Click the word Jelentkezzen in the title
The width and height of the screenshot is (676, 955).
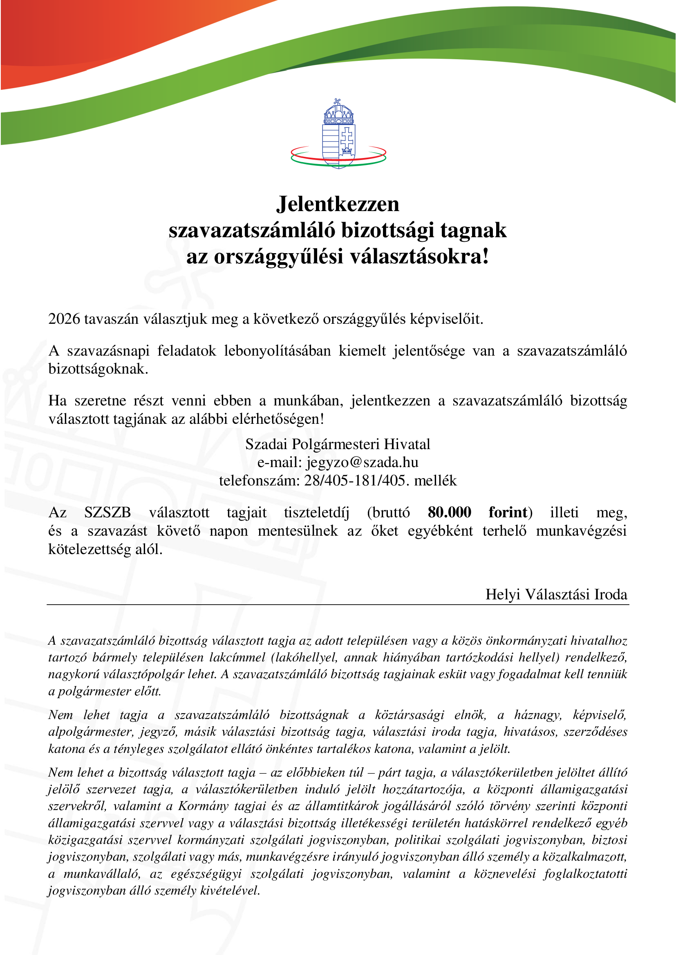pos(338,204)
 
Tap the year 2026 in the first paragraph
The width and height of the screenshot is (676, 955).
pos(64,319)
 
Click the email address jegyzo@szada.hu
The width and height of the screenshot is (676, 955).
pos(362,462)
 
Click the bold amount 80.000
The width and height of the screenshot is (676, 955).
pos(449,512)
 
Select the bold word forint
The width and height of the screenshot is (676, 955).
pos(508,512)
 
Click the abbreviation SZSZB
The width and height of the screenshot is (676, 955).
pos(107,512)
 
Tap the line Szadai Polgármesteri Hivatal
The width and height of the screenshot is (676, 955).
pos(338,444)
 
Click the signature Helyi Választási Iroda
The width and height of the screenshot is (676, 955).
pos(556,594)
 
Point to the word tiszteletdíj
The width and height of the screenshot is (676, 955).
pos(316,512)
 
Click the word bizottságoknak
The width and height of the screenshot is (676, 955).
pos(98,369)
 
